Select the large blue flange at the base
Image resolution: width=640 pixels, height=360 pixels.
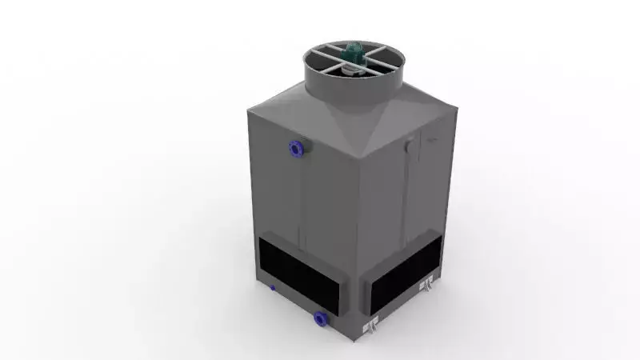tap(321, 318)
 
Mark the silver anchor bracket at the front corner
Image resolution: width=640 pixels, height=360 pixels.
tap(370, 326)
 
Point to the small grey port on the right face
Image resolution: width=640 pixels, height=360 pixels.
tap(410, 147)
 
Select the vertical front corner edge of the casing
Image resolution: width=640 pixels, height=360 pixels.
tap(354, 248)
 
